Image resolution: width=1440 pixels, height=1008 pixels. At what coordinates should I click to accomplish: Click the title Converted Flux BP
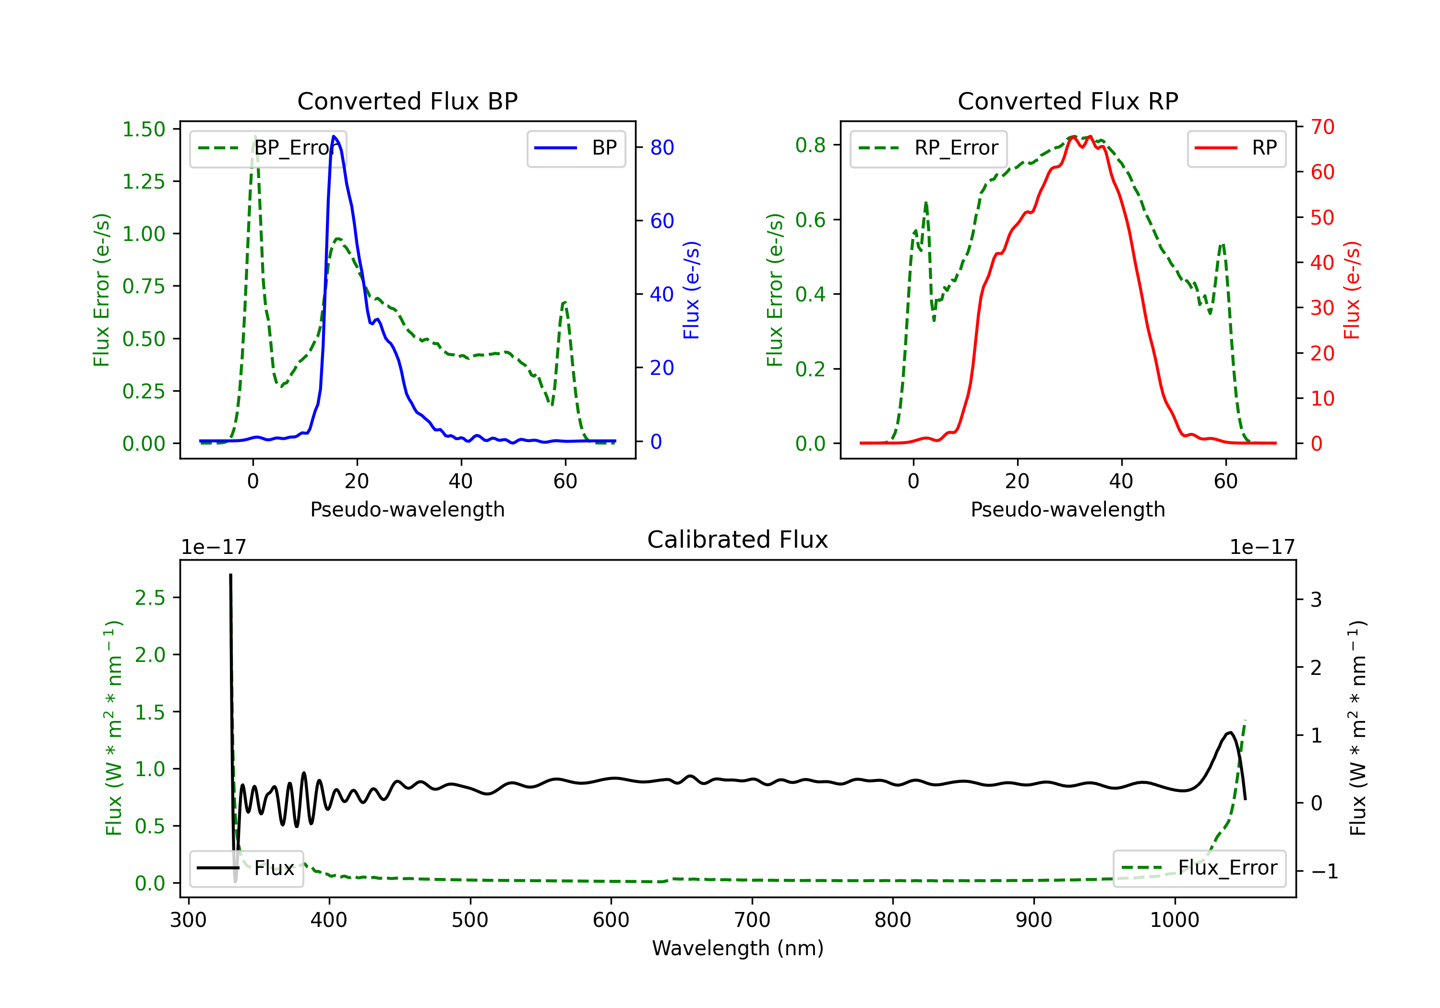[407, 101]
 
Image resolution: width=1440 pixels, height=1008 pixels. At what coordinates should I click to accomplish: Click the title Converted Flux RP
[1068, 101]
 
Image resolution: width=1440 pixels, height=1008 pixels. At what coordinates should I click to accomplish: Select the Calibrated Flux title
[738, 540]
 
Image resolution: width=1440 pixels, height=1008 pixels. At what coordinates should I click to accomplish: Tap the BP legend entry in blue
[576, 148]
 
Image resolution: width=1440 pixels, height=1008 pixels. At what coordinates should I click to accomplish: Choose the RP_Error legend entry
[928, 148]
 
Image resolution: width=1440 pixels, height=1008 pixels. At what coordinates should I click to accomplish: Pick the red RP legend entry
[1236, 148]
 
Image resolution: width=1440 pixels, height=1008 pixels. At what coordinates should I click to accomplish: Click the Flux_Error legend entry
[1199, 868]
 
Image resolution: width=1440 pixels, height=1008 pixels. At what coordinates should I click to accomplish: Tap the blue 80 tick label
[661, 147]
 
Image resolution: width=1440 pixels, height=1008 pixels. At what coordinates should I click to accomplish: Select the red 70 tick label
[1322, 127]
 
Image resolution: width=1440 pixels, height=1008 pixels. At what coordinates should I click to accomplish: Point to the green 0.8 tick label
[810, 145]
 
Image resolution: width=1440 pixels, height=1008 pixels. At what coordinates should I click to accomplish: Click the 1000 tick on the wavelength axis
[1174, 920]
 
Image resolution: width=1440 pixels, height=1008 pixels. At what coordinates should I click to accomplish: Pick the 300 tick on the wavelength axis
[188, 920]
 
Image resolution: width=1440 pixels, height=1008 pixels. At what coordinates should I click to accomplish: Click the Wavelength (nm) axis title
[738, 948]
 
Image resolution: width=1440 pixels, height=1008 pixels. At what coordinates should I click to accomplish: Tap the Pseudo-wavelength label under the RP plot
[1068, 509]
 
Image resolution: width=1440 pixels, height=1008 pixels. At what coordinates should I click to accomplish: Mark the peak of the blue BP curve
[334, 136]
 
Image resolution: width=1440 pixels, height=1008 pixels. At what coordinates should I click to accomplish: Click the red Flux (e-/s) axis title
[1352, 290]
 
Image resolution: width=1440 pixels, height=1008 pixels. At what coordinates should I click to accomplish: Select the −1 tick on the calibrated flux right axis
[1324, 871]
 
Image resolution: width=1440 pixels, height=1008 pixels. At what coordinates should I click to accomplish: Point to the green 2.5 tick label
[150, 598]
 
